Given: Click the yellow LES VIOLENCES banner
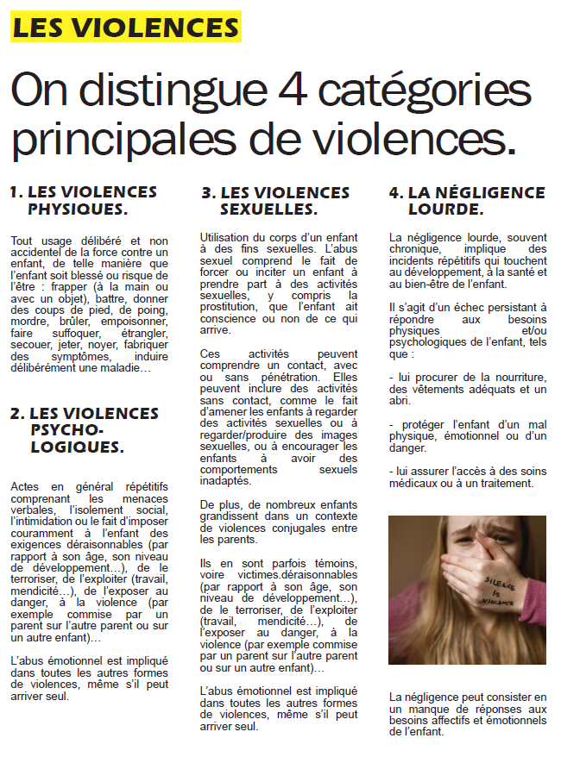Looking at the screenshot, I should point(125,28).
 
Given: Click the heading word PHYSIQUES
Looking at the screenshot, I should point(78,209).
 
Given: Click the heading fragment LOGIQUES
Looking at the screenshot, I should point(77,447).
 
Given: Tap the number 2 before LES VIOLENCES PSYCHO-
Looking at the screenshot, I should point(15,414).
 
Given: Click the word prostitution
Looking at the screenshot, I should point(230,307).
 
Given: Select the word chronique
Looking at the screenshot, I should point(413,248).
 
